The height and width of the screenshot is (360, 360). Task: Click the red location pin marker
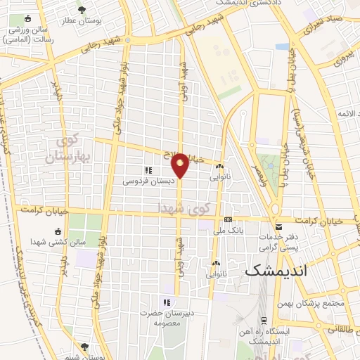click(x=180, y=166)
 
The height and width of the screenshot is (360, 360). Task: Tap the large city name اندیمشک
click(x=279, y=270)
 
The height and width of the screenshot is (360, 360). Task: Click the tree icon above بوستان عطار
click(x=82, y=10)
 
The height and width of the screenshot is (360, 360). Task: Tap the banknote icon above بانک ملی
click(x=227, y=220)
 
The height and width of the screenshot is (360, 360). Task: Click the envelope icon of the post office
click(x=278, y=227)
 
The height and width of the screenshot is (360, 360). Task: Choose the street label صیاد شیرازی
click(x=324, y=29)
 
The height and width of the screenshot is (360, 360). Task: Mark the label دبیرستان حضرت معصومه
click(x=166, y=316)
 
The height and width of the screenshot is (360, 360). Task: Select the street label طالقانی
click(x=342, y=328)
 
